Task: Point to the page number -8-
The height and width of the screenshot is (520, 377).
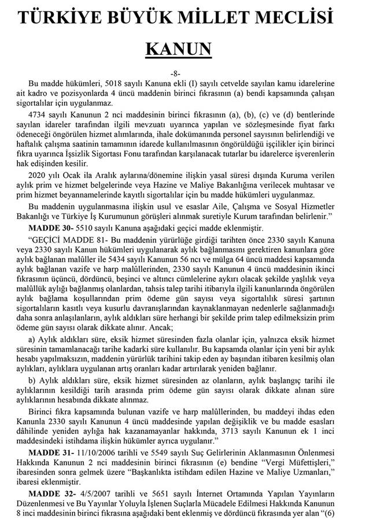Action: [188, 74]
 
